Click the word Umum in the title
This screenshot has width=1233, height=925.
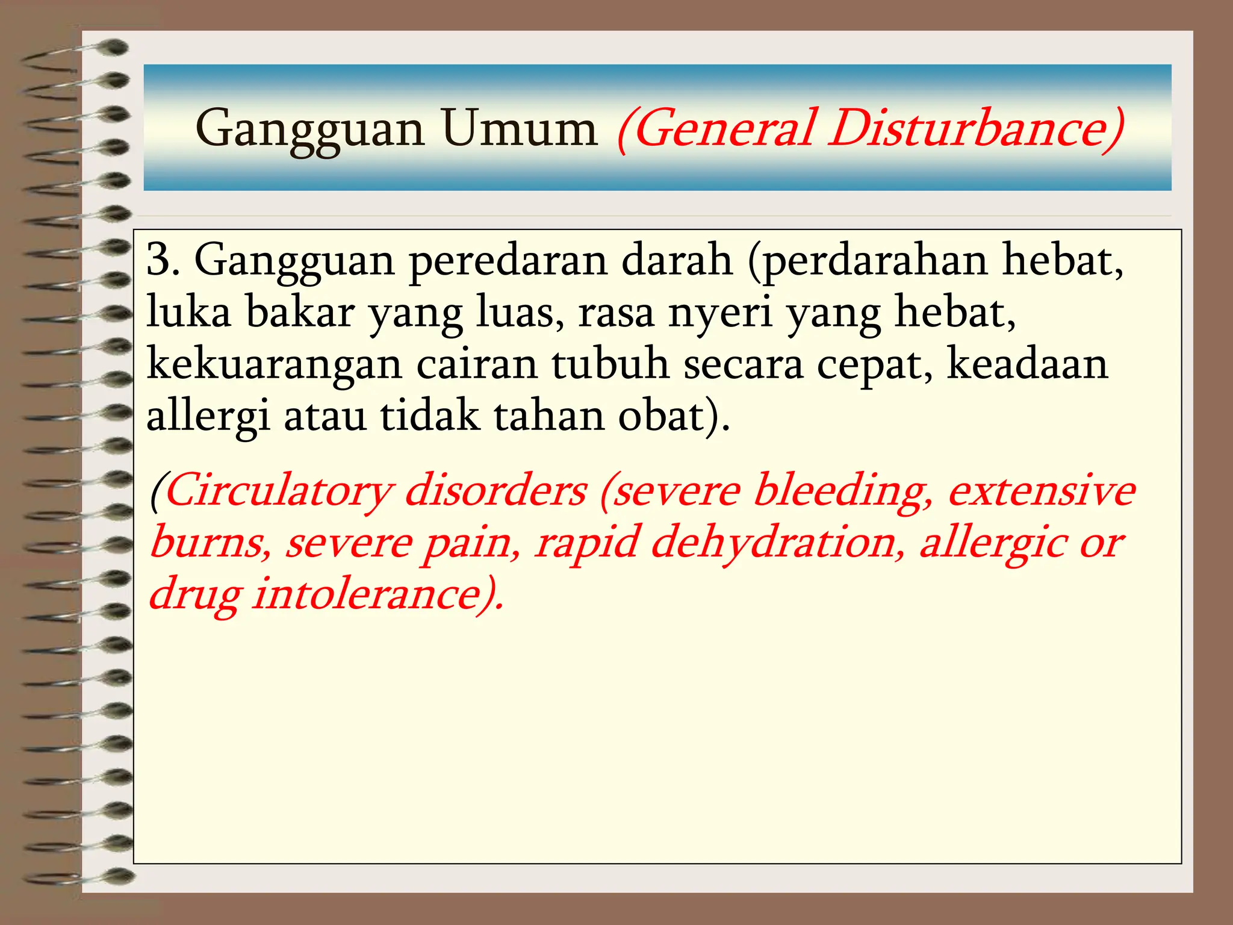pos(519,129)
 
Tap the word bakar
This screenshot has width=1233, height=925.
pos(300,313)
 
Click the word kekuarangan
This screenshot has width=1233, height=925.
pos(274,365)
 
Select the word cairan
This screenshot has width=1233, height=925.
pos(477,365)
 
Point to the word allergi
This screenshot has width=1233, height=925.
pos(208,417)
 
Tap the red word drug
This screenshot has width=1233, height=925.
pos(195,595)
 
